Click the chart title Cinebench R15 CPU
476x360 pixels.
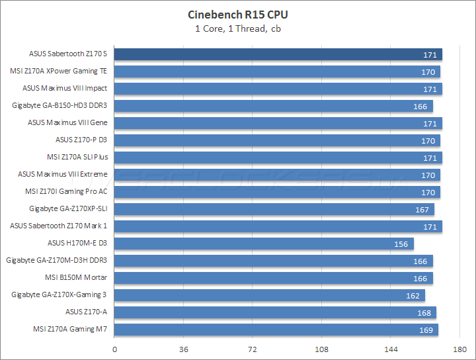(x=238, y=14)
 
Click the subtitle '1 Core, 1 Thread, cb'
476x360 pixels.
(x=238, y=28)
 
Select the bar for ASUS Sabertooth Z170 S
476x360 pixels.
(x=278, y=54)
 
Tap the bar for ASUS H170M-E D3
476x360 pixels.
(x=264, y=244)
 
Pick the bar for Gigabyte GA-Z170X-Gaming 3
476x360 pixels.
(x=270, y=295)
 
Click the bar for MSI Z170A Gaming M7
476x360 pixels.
(x=276, y=330)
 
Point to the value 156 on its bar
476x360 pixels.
(x=401, y=244)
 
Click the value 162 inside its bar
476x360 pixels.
(x=412, y=295)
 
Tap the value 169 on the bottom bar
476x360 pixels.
(x=425, y=330)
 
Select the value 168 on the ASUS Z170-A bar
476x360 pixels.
(x=423, y=312)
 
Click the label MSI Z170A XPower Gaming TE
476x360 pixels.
(x=58, y=71)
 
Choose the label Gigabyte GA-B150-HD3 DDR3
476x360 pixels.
(x=59, y=105)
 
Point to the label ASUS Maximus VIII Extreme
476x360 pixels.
(x=62, y=174)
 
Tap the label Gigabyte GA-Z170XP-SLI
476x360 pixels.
(x=68, y=208)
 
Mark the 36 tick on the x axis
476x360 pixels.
(x=184, y=349)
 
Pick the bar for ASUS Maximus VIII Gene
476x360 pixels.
(x=278, y=123)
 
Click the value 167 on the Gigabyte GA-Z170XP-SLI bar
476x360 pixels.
(x=421, y=209)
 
